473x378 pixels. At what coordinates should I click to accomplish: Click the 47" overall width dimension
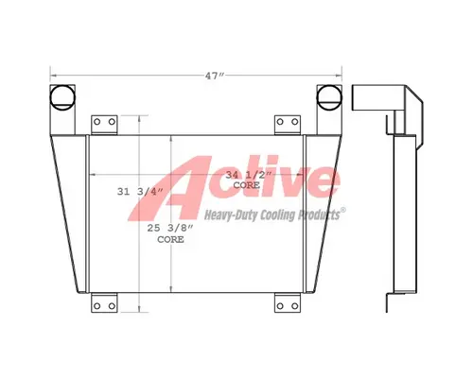[215, 76]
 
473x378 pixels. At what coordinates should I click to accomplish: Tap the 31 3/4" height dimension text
[140, 192]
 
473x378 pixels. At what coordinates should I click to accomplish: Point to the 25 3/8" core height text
[170, 228]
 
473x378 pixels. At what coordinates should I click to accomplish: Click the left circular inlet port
[62, 97]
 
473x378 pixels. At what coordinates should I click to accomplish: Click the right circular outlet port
[329, 97]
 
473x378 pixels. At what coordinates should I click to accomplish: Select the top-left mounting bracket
[104, 125]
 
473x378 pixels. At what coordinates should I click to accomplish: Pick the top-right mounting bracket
[288, 125]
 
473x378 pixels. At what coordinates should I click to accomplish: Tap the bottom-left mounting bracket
[104, 302]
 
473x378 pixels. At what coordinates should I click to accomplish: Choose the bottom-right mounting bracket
[288, 302]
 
